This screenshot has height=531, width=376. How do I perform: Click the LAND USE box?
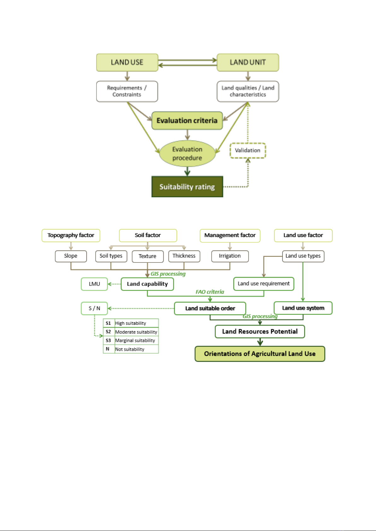(x=127, y=62)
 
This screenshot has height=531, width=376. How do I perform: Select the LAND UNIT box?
(x=248, y=62)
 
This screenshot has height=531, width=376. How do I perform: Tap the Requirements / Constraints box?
(x=127, y=91)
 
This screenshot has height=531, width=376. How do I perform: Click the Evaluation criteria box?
(x=187, y=121)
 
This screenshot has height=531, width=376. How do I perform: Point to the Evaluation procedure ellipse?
(x=187, y=153)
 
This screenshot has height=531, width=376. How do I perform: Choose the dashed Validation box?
(x=248, y=151)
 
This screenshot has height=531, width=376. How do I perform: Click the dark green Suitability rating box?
(x=187, y=187)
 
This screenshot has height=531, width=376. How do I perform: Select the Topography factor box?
(x=71, y=235)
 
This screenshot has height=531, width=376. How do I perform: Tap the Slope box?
(x=71, y=256)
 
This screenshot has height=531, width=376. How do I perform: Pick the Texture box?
(x=148, y=257)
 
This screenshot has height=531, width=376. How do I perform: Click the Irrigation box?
(x=230, y=256)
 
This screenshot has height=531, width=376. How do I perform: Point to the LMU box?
(x=94, y=284)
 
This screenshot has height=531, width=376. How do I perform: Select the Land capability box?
(x=147, y=284)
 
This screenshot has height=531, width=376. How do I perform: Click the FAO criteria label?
(x=210, y=292)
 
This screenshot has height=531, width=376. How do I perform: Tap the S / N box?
(x=94, y=309)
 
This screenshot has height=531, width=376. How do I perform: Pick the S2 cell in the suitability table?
(x=109, y=332)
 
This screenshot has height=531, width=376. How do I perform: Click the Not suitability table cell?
(x=137, y=349)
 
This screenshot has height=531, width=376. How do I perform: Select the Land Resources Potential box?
(x=260, y=332)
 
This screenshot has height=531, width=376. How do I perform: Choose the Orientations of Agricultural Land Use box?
(x=260, y=354)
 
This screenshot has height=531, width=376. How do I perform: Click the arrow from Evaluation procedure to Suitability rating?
(x=187, y=171)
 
